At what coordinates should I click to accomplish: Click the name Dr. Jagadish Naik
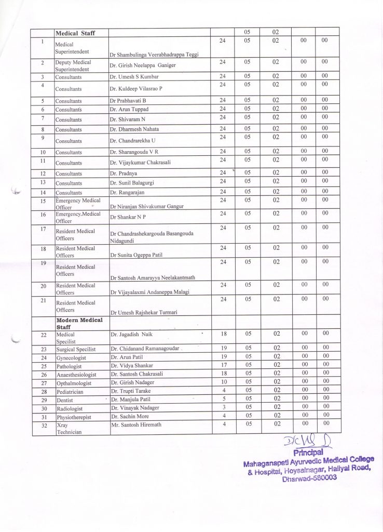[x=131, y=335]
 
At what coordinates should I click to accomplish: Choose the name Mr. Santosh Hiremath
[x=135, y=424]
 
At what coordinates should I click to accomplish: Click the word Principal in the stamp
[x=308, y=453]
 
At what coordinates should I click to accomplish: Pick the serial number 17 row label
[x=44, y=229]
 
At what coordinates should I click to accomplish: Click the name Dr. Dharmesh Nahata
[x=134, y=129]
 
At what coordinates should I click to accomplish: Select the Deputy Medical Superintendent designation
[x=73, y=65]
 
